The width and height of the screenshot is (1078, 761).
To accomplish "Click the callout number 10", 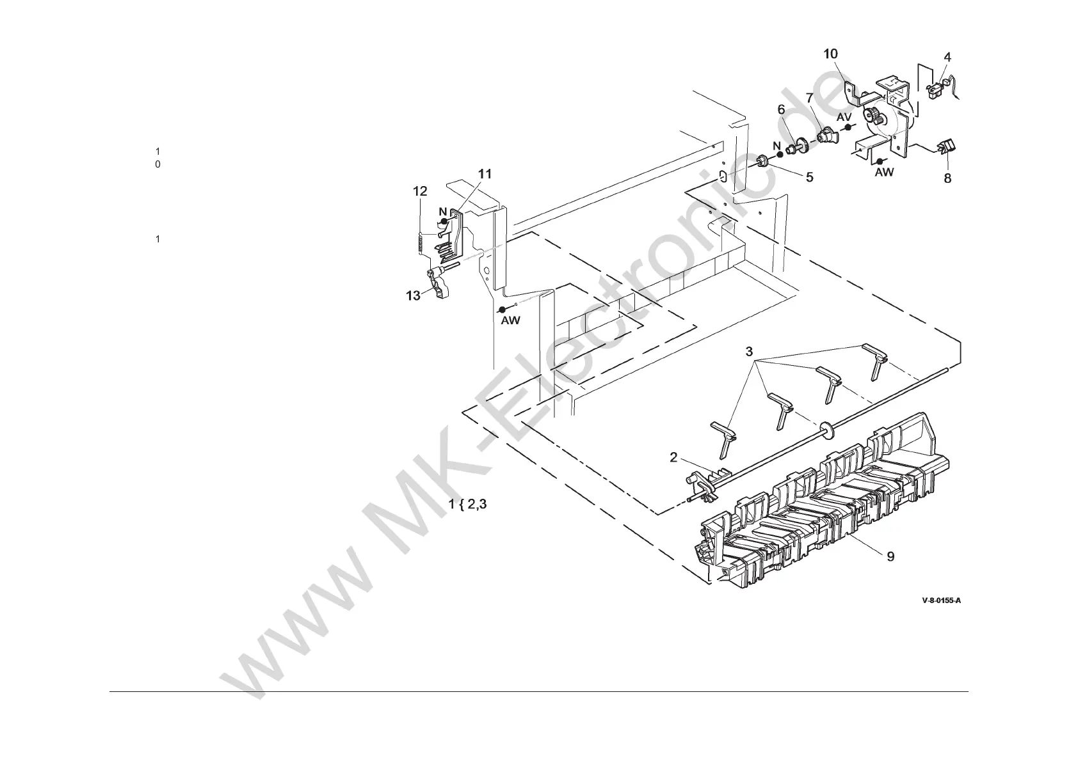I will [x=830, y=54].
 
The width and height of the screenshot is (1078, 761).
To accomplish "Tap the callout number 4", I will [x=947, y=58].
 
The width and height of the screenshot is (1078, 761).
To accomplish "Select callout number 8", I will [x=947, y=178].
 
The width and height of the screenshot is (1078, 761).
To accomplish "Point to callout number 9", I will [x=890, y=556].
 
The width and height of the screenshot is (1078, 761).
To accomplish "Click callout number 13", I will [x=414, y=295].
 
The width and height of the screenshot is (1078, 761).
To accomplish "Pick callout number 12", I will [x=420, y=191].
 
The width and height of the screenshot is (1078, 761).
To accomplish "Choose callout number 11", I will [x=485, y=174].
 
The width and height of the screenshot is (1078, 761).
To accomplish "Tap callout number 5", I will [x=810, y=177].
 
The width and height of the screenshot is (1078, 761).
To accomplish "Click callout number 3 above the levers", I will [x=750, y=352].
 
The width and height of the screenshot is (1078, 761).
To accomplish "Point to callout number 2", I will [x=673, y=457].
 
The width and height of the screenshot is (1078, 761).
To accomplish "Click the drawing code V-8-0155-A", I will [x=941, y=600].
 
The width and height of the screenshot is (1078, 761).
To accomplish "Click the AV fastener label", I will [x=844, y=117].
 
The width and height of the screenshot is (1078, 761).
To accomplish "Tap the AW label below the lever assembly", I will [x=510, y=320].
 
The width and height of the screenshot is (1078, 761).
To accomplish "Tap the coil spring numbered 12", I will [x=419, y=244].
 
